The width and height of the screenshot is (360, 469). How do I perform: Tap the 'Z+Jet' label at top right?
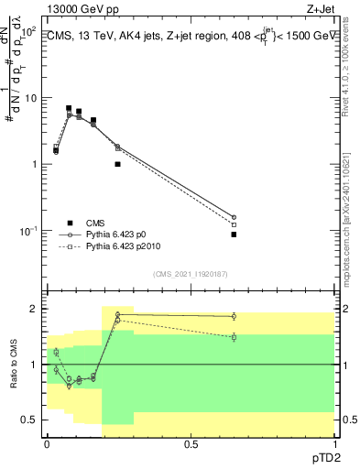(x=320, y=7)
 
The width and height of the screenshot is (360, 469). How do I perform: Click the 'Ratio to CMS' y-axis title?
(x=16, y=364)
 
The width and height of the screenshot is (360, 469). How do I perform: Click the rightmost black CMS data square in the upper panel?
(x=234, y=234)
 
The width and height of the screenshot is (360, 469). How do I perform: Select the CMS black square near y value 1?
(x=117, y=164)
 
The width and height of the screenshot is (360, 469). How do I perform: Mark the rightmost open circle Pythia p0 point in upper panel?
(x=234, y=217)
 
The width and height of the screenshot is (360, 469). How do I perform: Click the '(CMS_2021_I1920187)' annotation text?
(x=191, y=273)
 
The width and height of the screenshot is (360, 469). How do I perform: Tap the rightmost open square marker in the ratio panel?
(x=234, y=337)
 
